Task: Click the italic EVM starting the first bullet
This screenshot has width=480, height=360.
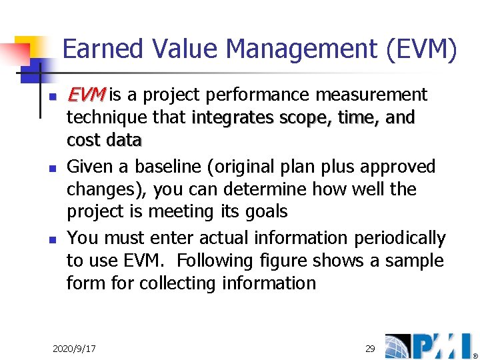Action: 87,95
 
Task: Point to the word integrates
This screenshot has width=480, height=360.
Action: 231,118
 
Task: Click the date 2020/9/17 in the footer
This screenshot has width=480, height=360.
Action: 74,349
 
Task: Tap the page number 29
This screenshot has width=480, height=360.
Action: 370,349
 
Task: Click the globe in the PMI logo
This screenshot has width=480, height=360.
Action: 399,346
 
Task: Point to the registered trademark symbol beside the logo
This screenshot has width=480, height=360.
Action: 475,355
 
